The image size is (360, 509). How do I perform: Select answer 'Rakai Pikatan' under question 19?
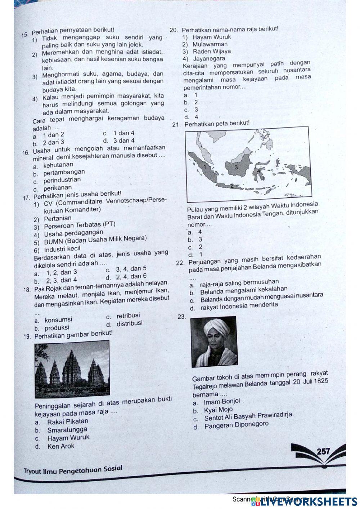67,421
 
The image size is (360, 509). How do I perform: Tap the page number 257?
324,451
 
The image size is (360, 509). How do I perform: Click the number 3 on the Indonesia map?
236,167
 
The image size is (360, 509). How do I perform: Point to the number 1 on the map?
204,167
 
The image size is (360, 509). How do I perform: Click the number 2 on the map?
232,186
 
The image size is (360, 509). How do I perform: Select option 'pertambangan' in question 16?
64,173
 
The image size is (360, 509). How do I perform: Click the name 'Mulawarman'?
210,44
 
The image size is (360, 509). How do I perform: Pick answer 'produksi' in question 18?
57,328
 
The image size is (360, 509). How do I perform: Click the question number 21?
176,125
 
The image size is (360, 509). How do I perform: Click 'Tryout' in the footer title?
32,471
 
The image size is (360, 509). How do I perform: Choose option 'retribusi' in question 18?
128,316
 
